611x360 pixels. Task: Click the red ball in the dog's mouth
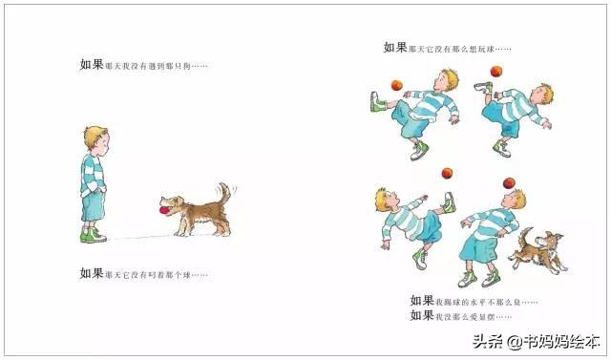coord(163,204)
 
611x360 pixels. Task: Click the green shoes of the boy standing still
coord(90,234)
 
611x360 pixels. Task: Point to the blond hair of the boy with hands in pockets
coord(95,135)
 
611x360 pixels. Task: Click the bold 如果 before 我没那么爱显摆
coord(422,315)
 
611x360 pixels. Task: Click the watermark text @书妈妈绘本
coord(554,341)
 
